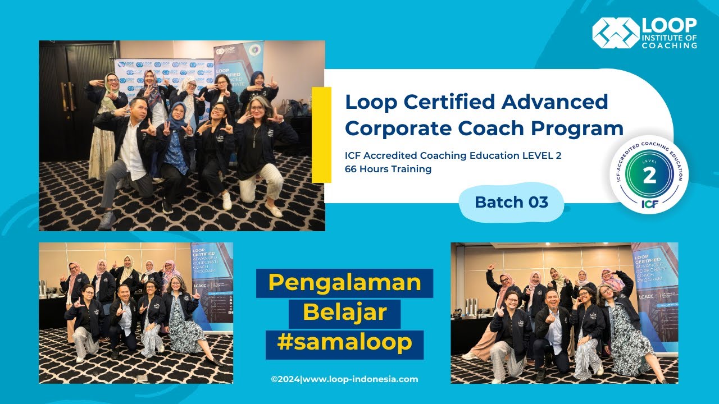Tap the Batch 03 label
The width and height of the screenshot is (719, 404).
pos(511,202)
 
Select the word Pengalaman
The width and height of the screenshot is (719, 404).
pos(345,283)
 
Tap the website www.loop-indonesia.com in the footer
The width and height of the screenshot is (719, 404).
pos(359,379)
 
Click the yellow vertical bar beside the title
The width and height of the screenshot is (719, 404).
pos(321,135)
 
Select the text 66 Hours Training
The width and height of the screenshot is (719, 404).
pos(388,169)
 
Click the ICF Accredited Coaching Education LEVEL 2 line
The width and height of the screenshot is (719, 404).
pos(453,155)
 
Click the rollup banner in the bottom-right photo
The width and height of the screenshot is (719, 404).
pos(654,292)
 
